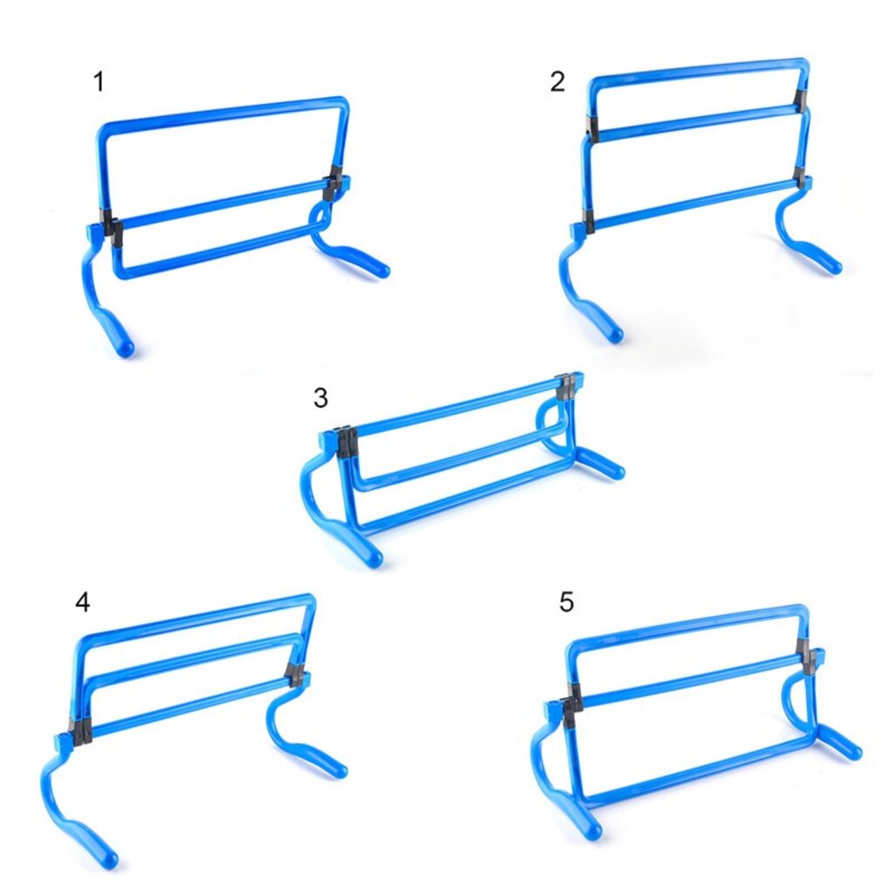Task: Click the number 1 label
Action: click(99, 81)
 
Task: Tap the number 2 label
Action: click(557, 81)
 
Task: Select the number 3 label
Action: click(320, 398)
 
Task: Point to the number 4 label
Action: click(83, 602)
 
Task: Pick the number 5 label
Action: click(566, 602)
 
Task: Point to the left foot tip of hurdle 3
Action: click(373, 558)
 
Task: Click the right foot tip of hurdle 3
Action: click(616, 471)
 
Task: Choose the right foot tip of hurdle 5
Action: click(853, 752)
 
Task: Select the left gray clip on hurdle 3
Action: click(347, 441)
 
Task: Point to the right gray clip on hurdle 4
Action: click(295, 674)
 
